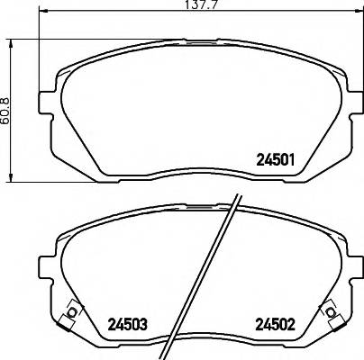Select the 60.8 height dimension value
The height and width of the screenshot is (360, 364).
tap(6, 112)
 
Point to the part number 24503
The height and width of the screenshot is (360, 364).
tap(127, 322)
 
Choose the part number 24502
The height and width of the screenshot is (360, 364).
tap(277, 322)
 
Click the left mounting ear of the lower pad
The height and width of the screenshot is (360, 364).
tap(44, 268)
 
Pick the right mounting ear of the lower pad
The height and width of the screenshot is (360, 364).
tap(347, 268)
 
